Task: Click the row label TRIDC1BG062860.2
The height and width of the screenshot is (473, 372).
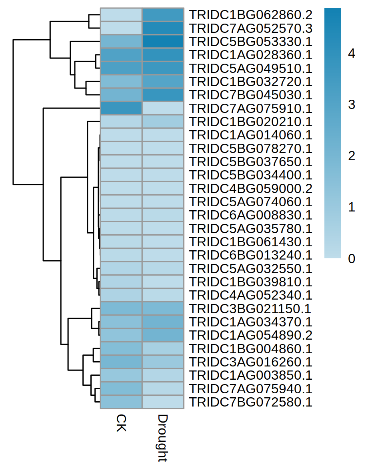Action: pyautogui.click(x=251, y=15)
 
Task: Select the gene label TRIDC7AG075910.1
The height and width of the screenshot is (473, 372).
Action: pyautogui.click(x=251, y=109)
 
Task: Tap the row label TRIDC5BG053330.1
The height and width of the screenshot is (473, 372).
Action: pyautogui.click(x=251, y=42)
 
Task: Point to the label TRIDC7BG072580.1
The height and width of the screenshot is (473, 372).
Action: pyautogui.click(x=251, y=402)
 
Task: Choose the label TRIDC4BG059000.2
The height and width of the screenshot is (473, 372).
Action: pyautogui.click(x=251, y=189)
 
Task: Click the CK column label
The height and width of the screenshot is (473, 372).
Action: pyautogui.click(x=121, y=423)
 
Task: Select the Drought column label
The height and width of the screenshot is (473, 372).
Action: pyautogui.click(x=162, y=438)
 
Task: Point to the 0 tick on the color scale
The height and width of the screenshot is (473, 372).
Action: pyautogui.click(x=352, y=259)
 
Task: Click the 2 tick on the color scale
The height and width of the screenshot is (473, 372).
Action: pyautogui.click(x=352, y=156)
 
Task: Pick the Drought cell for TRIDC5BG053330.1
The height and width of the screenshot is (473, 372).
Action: pyautogui.click(x=163, y=42)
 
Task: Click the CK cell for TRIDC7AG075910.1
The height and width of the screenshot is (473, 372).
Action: pyautogui.click(x=121, y=109)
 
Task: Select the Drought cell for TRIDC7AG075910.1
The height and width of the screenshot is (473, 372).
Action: pyautogui.click(x=163, y=109)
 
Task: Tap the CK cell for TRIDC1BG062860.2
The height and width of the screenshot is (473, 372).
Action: pyautogui.click(x=121, y=15)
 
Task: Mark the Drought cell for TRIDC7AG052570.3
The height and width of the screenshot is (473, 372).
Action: pyautogui.click(x=163, y=28)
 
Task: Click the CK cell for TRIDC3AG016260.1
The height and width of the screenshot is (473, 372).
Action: pyautogui.click(x=121, y=362)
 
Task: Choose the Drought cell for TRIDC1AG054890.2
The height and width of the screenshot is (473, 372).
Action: pyautogui.click(x=163, y=335)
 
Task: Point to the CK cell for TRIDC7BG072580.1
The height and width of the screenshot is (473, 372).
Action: pyautogui.click(x=121, y=402)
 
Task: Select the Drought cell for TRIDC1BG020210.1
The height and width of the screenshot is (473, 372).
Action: pyautogui.click(x=163, y=122)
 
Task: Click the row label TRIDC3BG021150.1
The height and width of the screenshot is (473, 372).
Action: pyautogui.click(x=251, y=309)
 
